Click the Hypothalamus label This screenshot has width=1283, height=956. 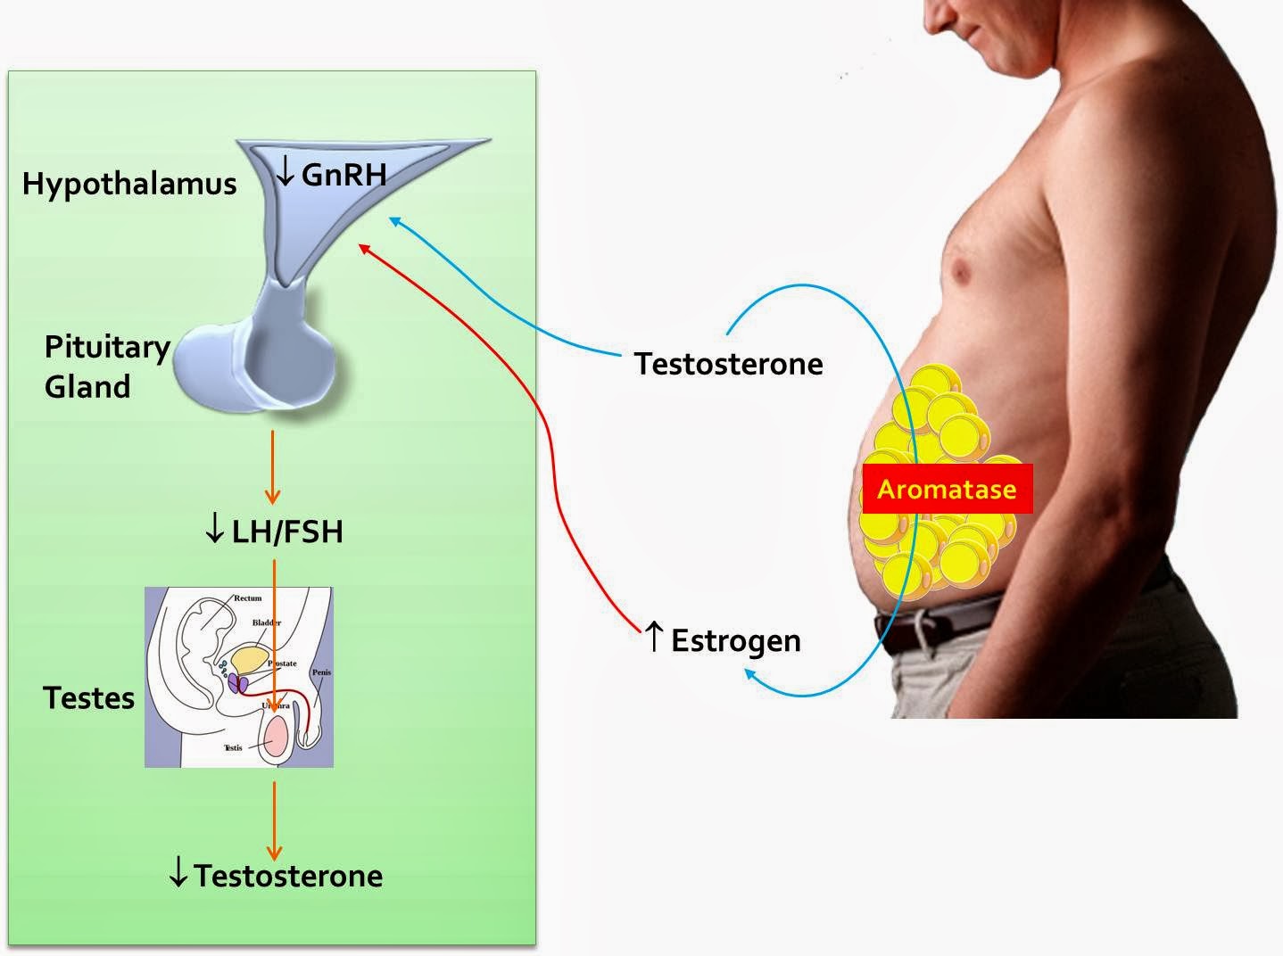(129, 184)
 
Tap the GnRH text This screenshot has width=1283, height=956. (344, 175)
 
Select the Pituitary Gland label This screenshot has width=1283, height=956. (106, 366)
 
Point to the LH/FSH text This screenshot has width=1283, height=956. (286, 532)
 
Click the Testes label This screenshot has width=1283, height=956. (88, 697)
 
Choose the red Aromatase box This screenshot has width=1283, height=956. (947, 489)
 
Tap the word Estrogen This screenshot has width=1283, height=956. (735, 641)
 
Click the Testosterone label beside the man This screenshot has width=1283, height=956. (728, 364)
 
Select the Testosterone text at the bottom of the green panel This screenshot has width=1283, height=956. (288, 876)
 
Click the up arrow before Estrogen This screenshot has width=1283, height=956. (654, 637)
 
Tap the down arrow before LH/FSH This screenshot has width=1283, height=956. (214, 531)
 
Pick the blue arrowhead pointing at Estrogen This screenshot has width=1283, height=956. (751, 680)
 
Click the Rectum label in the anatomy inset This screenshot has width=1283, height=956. (248, 598)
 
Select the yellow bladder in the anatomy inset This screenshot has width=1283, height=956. (250, 658)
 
